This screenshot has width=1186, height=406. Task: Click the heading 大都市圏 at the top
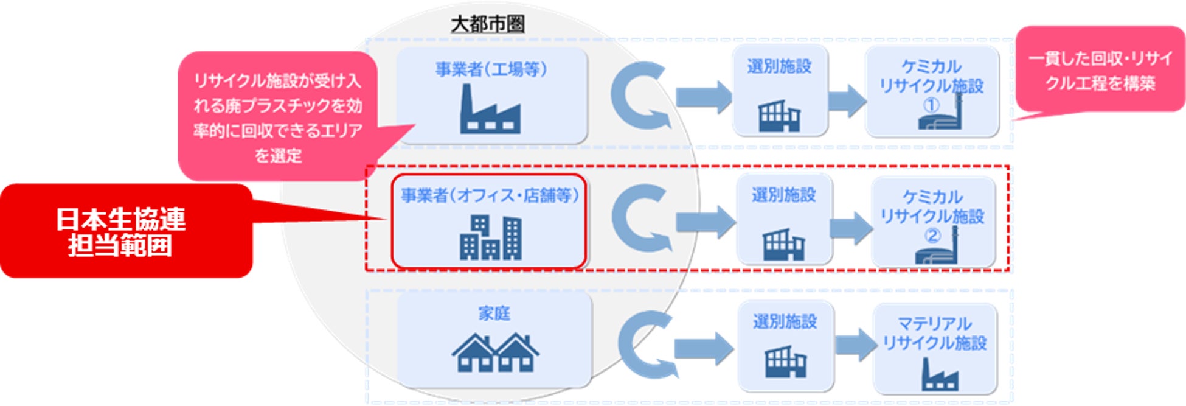pyautogui.click(x=488, y=24)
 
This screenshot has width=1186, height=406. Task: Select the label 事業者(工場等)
pyautogui.click(x=491, y=69)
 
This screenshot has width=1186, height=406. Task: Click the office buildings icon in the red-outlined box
pyautogui.click(x=490, y=238)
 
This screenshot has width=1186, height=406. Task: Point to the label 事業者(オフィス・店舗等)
pyautogui.click(x=490, y=195)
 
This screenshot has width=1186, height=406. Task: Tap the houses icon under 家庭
pyautogui.click(x=495, y=352)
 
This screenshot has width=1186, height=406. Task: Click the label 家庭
pyautogui.click(x=494, y=313)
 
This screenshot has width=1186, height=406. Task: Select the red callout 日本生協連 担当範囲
pyautogui.click(x=122, y=232)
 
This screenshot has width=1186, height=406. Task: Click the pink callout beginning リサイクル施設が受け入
pyautogui.click(x=277, y=117)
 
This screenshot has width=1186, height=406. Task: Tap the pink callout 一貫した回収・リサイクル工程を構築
pyautogui.click(x=1100, y=70)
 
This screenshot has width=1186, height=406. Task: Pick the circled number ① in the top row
pyautogui.click(x=931, y=105)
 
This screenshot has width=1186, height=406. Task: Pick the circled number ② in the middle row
pyautogui.click(x=932, y=236)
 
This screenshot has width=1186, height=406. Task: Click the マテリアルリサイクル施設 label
pyautogui.click(x=935, y=334)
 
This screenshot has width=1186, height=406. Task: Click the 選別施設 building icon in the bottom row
pyautogui.click(x=785, y=362)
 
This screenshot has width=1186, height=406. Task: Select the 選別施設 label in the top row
pyautogui.click(x=779, y=66)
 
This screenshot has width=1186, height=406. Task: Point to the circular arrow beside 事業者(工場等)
pyautogui.click(x=639, y=96)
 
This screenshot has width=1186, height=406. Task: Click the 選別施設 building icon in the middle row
pyautogui.click(x=783, y=244)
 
